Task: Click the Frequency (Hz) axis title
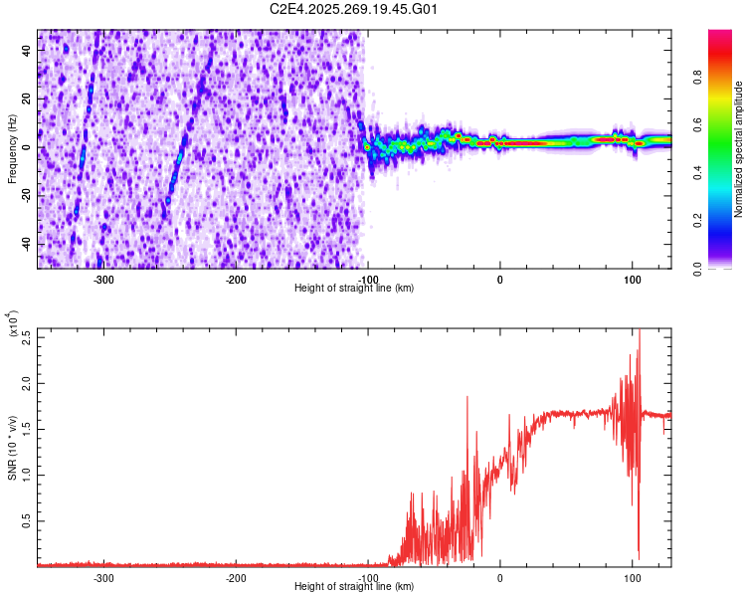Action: click(x=13, y=148)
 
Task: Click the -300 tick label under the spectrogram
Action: click(x=103, y=279)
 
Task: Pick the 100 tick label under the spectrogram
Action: click(x=632, y=279)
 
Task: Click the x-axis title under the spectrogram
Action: click(x=354, y=289)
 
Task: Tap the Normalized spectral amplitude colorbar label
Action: click(x=738, y=149)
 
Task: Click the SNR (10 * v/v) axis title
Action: click(x=13, y=448)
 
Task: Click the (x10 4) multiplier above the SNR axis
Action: click(x=13, y=325)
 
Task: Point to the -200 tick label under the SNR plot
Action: click(x=236, y=577)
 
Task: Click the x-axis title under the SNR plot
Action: click(x=354, y=587)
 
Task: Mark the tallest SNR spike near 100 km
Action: click(x=639, y=334)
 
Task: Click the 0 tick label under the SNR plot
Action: click(x=499, y=577)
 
